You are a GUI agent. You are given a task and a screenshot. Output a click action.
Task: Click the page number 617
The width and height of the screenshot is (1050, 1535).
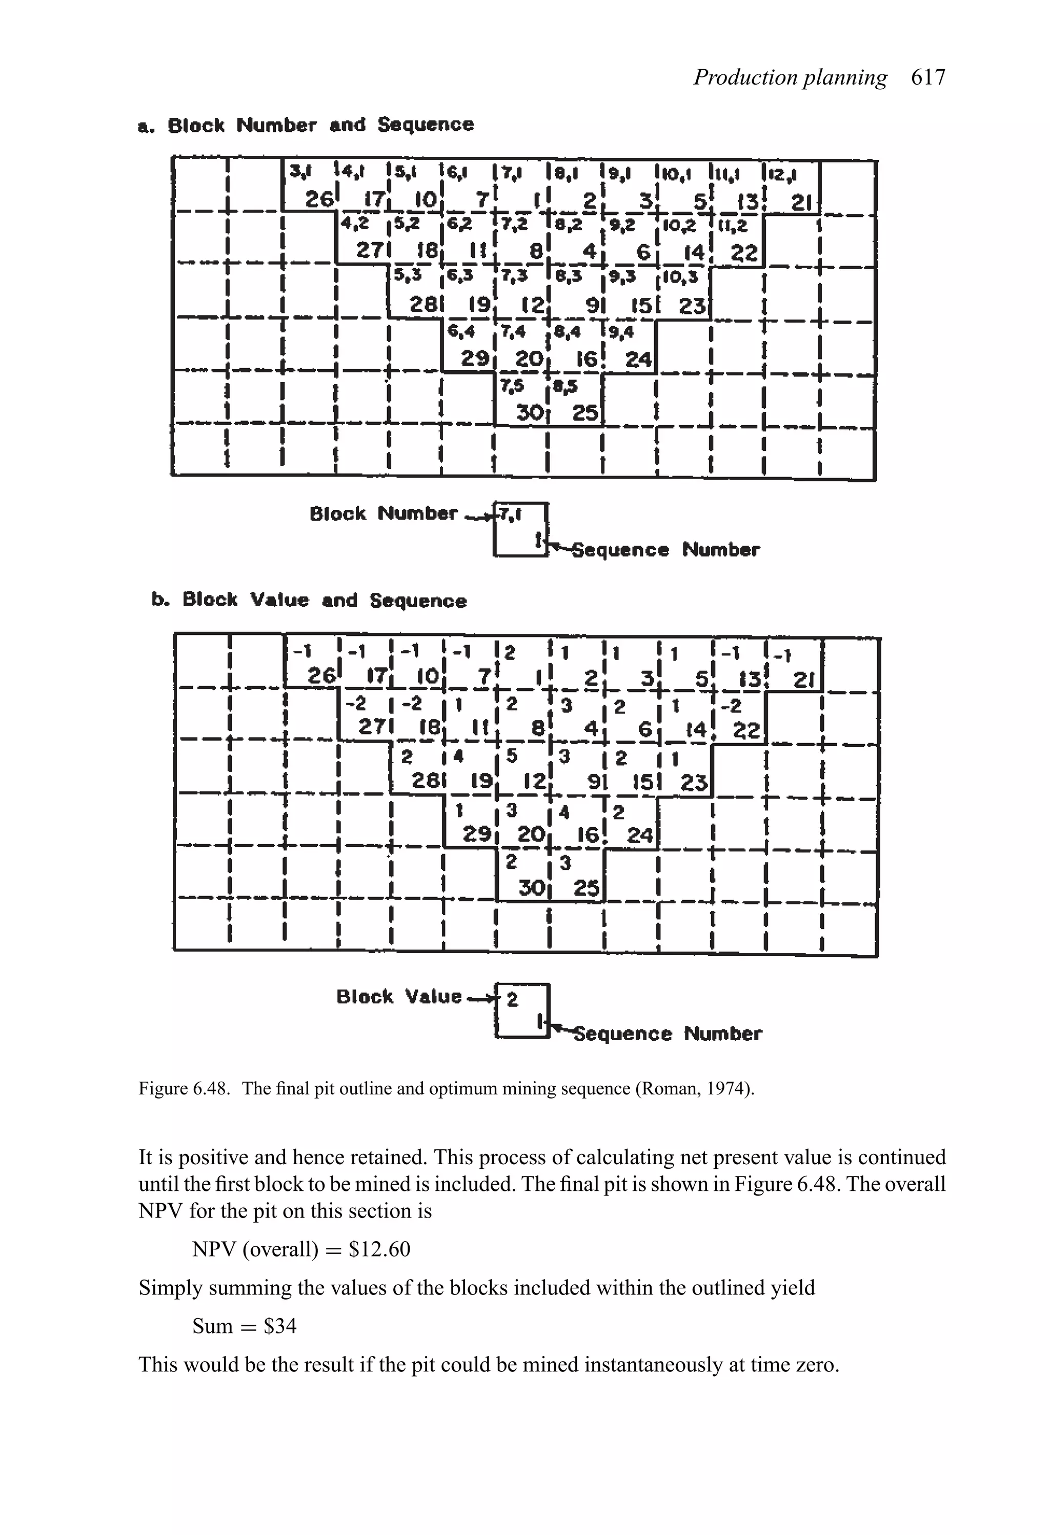click(x=928, y=78)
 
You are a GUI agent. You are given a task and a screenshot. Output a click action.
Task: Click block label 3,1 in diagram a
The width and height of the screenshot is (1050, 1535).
click(x=300, y=173)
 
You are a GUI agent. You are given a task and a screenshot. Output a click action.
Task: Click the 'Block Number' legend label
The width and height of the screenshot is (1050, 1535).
click(x=383, y=513)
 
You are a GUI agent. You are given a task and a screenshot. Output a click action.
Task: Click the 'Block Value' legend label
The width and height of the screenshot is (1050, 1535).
click(x=399, y=996)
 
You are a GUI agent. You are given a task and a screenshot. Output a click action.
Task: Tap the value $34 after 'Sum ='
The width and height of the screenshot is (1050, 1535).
click(x=280, y=1326)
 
